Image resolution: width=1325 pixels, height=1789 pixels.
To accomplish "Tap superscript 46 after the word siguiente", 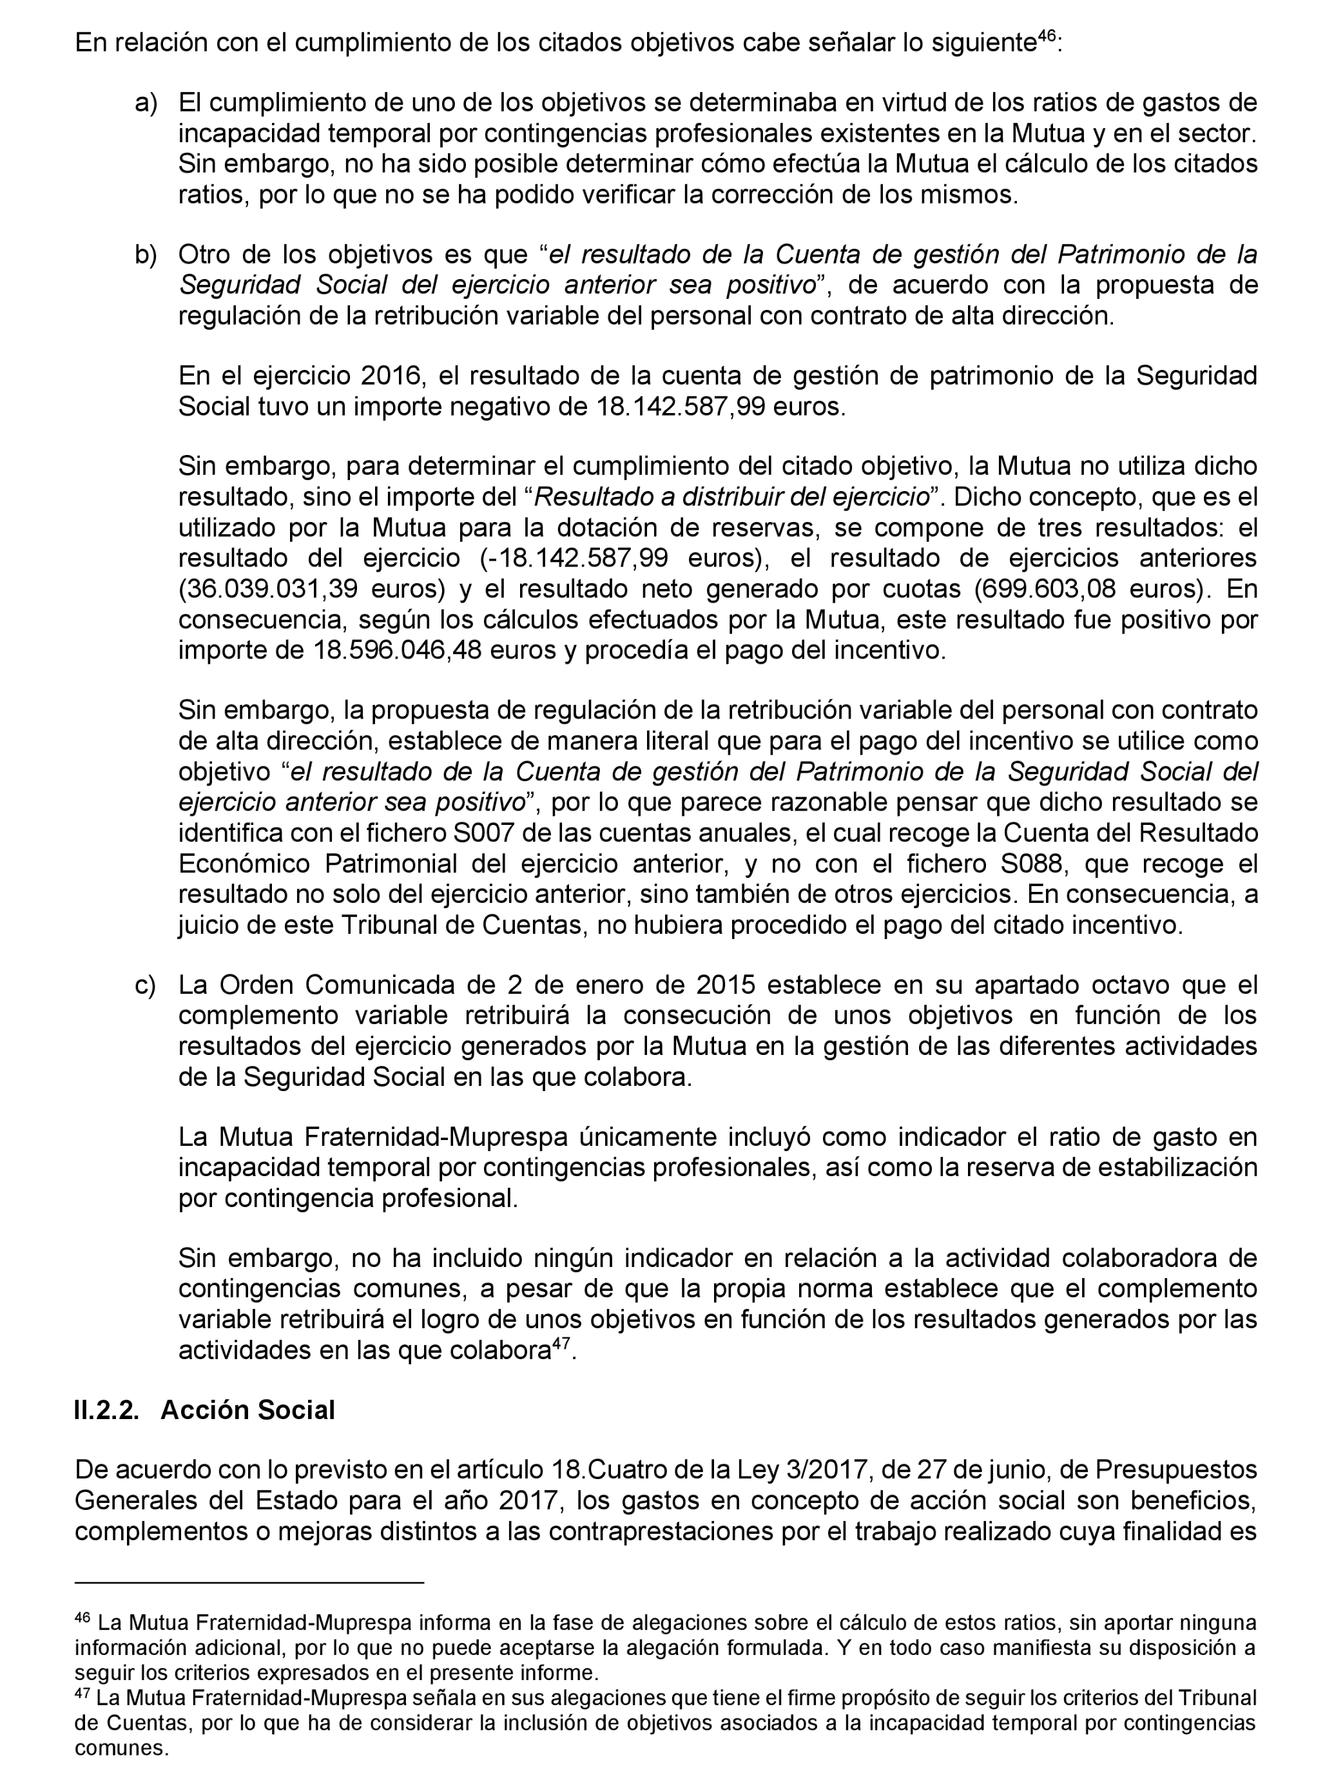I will pos(1047,36).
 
